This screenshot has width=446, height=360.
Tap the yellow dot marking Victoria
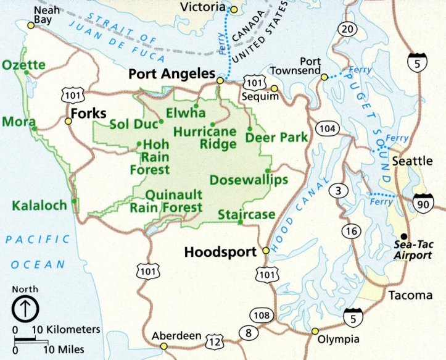234,9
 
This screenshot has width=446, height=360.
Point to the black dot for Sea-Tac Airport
403,237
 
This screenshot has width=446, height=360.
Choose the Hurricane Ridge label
205,138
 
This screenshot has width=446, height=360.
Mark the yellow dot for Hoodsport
266,251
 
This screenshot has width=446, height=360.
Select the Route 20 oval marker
348,29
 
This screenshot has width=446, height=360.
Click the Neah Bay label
43,15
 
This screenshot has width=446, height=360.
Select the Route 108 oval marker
262,316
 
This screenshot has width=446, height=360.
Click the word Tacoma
410,295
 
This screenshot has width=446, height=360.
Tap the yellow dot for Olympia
315,331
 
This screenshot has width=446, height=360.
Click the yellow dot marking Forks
68,121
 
